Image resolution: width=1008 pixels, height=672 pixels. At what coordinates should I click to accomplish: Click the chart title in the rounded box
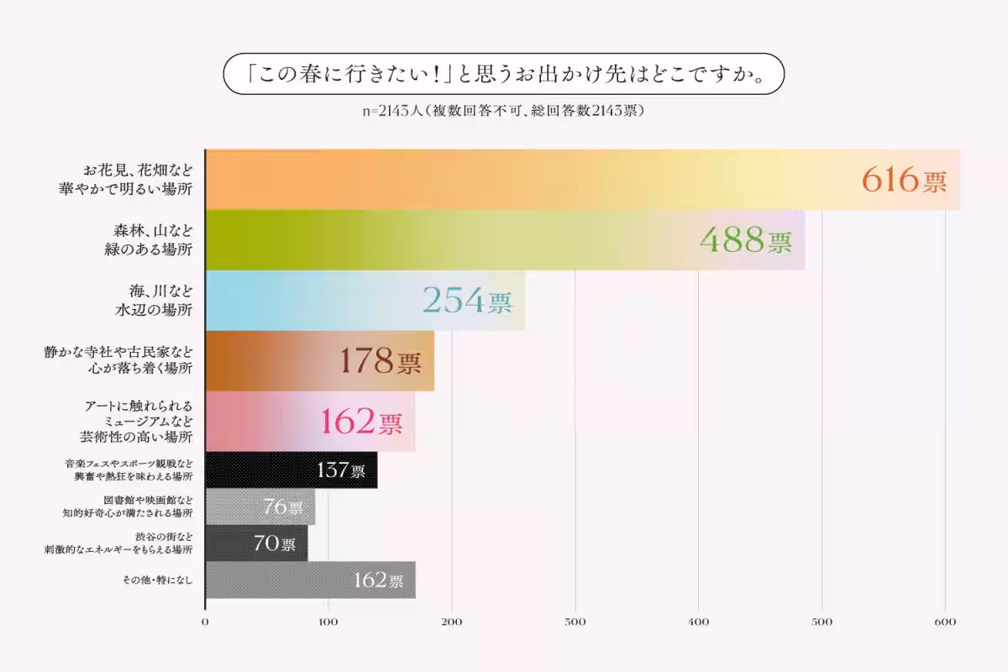pos(504,75)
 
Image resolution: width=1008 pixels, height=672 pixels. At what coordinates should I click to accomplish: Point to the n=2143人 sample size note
pos(504,111)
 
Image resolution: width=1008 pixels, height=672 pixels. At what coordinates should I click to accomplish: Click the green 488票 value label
pos(745,241)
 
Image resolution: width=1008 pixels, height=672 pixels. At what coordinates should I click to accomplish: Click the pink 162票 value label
pos(362,421)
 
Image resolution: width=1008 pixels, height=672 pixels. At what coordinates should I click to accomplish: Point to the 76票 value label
pos(283,507)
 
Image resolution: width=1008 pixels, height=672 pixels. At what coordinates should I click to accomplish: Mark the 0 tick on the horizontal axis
pos(206,622)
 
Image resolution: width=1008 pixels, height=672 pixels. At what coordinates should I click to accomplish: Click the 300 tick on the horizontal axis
pos(575,622)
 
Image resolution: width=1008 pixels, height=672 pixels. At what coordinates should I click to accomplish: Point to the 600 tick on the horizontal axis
pos(945,622)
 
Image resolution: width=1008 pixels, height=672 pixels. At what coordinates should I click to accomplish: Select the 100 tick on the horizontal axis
pos(328,622)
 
